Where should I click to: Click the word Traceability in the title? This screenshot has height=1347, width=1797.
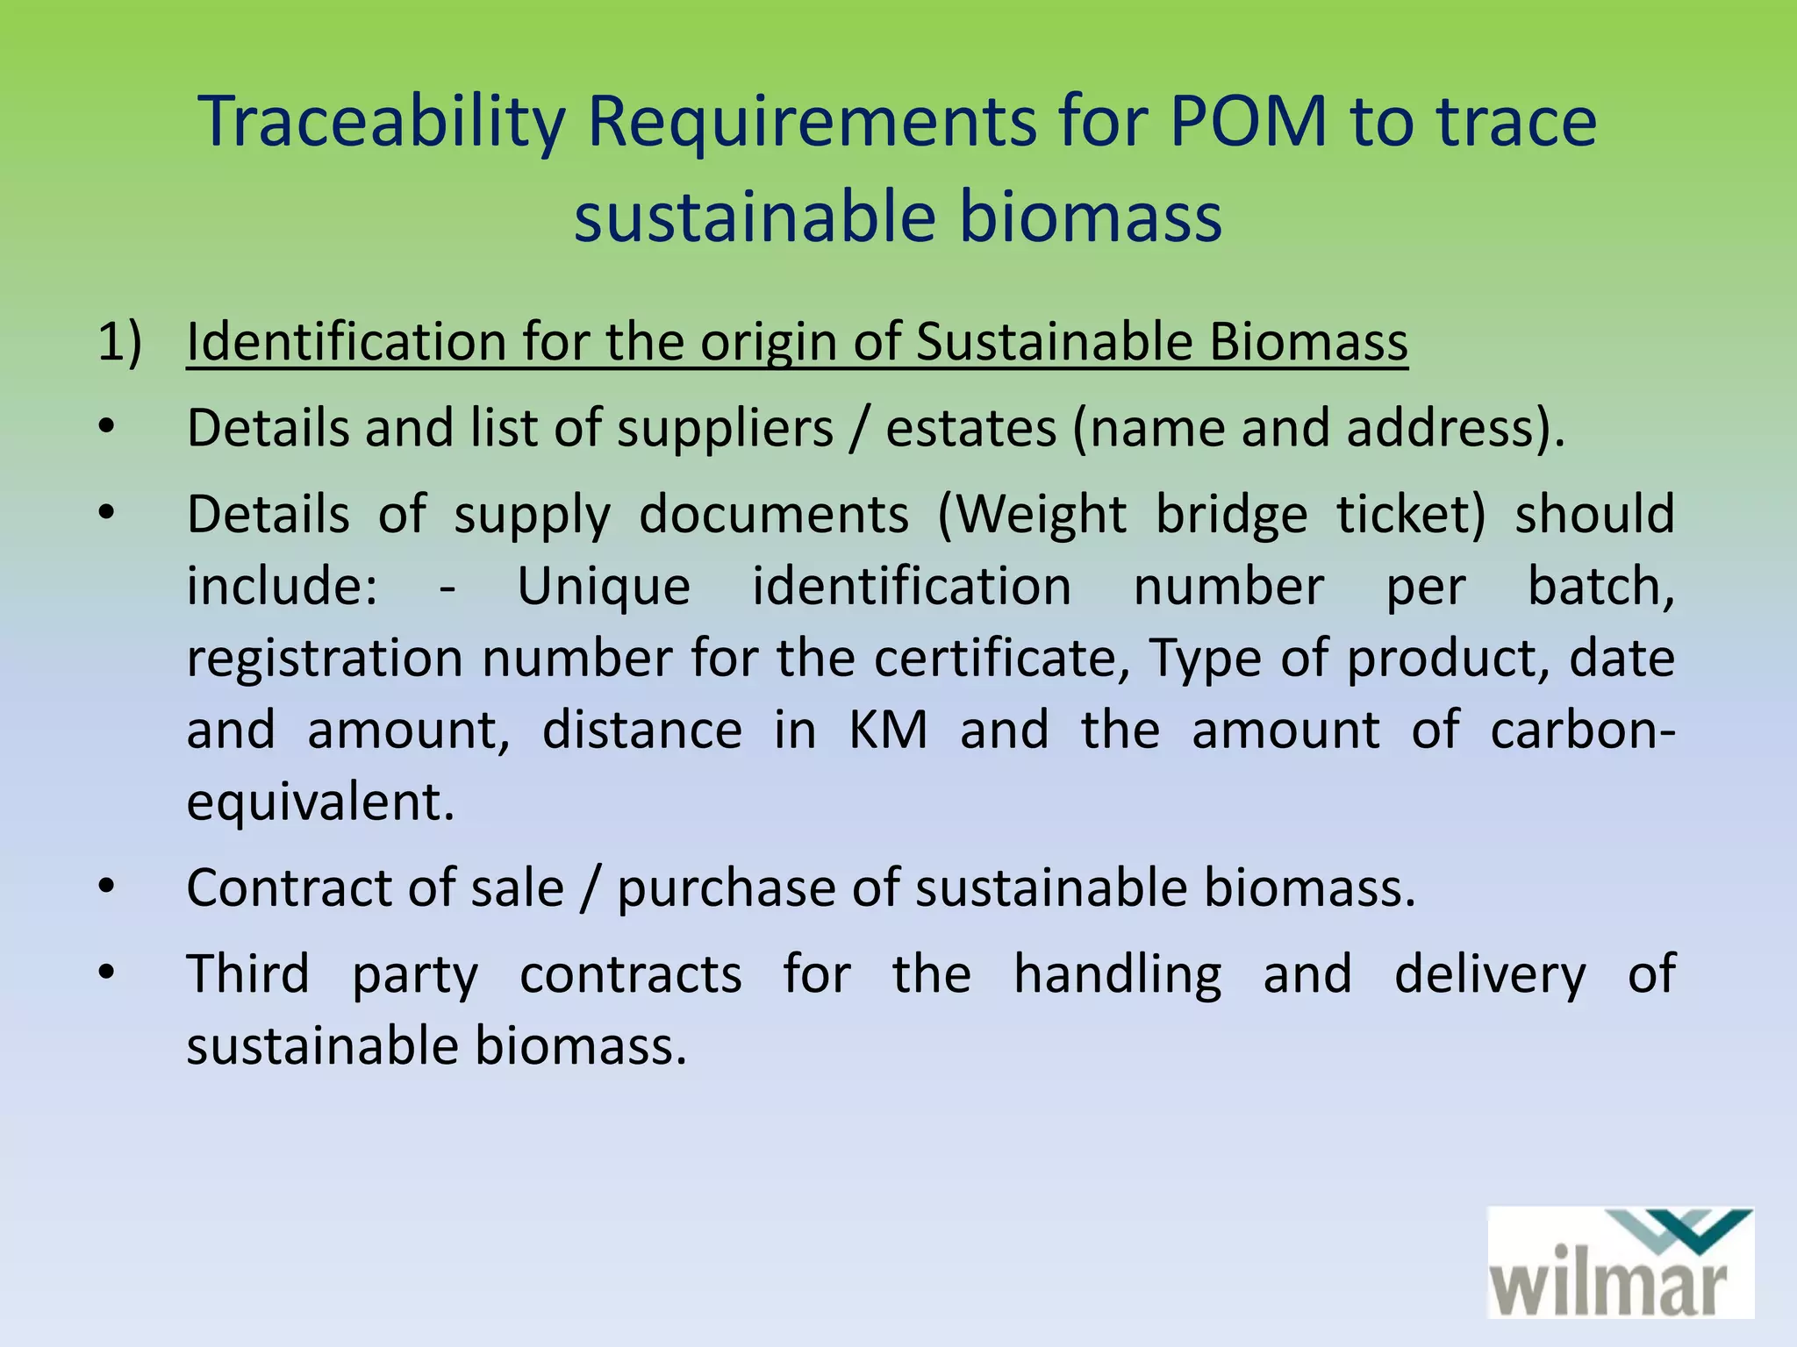(x=383, y=123)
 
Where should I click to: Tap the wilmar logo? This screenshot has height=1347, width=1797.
(x=1620, y=1263)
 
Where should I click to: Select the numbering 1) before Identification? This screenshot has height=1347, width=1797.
(x=119, y=341)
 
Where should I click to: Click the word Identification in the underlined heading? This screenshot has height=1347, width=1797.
(x=346, y=341)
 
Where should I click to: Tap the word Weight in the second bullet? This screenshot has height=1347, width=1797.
(x=1041, y=515)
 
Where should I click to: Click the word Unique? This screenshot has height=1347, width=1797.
(x=604, y=587)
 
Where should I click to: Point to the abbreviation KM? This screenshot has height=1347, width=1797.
(x=888, y=731)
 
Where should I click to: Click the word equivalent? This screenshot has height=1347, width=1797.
(x=319, y=802)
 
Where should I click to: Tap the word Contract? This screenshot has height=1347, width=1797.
(x=288, y=888)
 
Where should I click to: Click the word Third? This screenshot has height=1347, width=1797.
(x=247, y=974)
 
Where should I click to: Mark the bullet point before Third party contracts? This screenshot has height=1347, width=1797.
(x=106, y=972)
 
